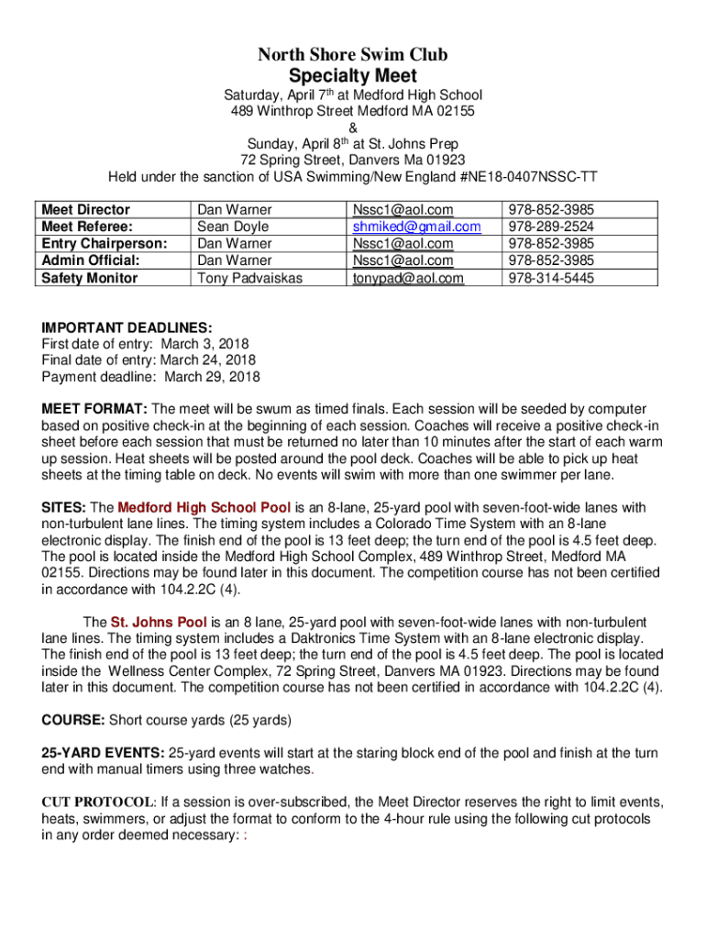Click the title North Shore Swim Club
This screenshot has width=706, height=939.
point(353,55)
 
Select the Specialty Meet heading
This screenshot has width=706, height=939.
point(353,76)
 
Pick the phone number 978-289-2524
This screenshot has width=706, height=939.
point(550,226)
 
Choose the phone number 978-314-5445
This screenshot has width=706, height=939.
point(550,278)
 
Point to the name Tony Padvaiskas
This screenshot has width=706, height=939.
point(249,278)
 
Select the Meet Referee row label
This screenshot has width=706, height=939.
point(88,226)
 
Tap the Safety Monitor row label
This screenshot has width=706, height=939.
point(90,278)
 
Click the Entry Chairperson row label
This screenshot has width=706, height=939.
point(105,243)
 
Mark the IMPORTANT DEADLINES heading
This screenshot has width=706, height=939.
point(127,327)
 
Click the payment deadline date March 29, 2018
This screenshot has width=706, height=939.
point(212,377)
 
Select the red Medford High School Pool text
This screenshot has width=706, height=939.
point(204,507)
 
